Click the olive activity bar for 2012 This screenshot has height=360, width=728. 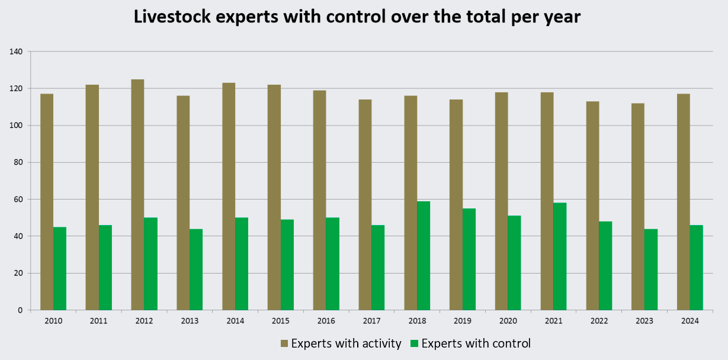137,195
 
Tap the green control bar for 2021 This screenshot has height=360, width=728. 560,256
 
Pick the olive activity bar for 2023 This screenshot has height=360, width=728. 638,207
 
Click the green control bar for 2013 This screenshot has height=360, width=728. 196,269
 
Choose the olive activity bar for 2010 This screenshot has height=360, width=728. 47,202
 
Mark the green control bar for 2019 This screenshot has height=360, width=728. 469,259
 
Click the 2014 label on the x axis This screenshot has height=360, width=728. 235,321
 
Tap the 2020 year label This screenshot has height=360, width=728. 508,321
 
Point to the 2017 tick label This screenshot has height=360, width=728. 371,321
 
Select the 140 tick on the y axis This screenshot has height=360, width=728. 17,52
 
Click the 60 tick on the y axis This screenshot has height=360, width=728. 18,200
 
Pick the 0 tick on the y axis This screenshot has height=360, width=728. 20,310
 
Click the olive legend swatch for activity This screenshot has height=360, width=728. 284,343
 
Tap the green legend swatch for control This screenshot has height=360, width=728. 415,343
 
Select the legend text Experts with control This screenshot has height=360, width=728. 476,343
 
